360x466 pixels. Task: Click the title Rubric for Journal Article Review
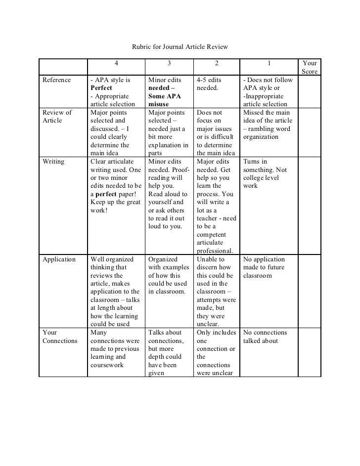(x=180, y=47)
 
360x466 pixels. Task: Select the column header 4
(x=116, y=63)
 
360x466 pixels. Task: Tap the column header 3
(x=169, y=63)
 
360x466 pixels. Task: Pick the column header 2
(x=216, y=63)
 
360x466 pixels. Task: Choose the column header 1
(x=269, y=63)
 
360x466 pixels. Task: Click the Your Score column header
(x=310, y=67)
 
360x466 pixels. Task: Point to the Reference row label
(x=57, y=80)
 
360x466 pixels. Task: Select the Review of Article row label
(x=57, y=117)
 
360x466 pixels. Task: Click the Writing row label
(x=53, y=162)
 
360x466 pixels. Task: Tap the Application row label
(x=59, y=259)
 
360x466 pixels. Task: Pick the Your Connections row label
(x=60, y=337)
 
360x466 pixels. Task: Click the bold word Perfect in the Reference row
(x=101, y=88)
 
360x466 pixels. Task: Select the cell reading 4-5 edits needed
(x=209, y=84)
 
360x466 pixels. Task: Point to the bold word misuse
(x=158, y=104)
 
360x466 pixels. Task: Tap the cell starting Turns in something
(x=265, y=173)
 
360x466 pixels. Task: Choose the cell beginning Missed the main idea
(x=268, y=125)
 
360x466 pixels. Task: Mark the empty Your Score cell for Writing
(x=309, y=206)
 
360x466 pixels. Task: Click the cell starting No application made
(x=264, y=267)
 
